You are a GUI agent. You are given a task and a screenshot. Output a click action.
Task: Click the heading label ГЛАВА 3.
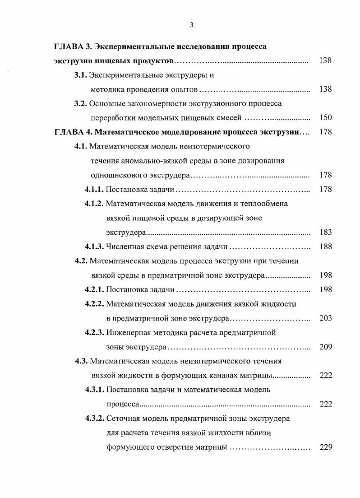coord(72,47)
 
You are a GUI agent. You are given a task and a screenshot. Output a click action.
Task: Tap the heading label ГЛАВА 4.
coord(72,132)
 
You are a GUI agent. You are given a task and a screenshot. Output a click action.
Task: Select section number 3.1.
coord(81,75)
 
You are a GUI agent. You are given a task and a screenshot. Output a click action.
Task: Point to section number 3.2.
coord(81,103)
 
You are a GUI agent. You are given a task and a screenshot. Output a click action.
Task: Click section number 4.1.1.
coord(94,189)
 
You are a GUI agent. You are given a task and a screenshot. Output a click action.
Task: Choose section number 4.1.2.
coord(94,204)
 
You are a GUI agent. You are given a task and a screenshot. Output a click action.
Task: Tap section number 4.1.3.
coord(94,247)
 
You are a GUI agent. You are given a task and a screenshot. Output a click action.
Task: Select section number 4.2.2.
coord(94,304)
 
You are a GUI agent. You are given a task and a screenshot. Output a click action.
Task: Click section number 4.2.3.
coord(94,333)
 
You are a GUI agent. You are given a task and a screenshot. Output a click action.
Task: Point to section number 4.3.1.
coord(94,390)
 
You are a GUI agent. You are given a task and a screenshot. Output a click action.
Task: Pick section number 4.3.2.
coord(94,419)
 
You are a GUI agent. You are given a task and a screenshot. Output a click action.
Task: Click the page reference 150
coord(325,118)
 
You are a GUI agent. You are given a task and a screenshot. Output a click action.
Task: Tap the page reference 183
coord(325,233)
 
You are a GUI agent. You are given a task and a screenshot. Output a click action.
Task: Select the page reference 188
coord(325,247)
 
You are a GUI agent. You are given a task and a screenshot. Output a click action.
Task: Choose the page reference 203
coord(325,318)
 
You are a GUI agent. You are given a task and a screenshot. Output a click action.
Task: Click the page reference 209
coord(325,347)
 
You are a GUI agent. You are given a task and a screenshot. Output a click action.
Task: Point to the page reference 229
coord(325,447)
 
